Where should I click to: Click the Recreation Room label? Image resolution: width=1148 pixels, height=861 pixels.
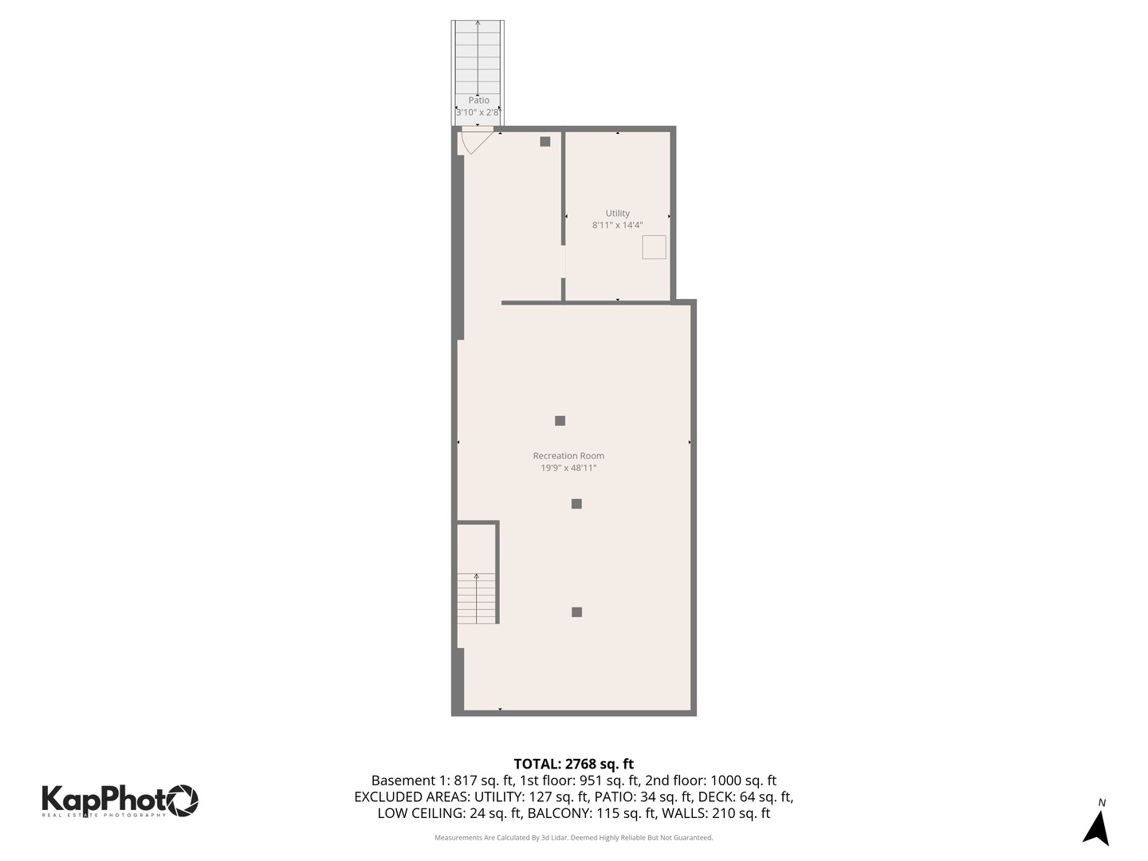(568, 456)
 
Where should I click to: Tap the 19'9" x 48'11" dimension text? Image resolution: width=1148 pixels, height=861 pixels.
(568, 468)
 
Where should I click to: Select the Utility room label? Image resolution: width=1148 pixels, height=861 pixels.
(617, 213)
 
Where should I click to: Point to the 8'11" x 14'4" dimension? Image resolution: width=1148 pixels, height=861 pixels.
(617, 226)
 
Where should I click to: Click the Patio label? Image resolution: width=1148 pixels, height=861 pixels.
(478, 100)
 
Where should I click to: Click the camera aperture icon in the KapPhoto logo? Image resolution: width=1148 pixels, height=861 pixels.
(182, 800)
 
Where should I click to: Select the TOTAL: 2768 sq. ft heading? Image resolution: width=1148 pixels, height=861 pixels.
(573, 764)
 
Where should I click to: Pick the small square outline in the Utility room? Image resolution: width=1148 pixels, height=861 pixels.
(654, 247)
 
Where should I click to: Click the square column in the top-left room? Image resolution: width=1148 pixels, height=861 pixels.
(545, 142)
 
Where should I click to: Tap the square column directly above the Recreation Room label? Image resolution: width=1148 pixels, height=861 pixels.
(560, 421)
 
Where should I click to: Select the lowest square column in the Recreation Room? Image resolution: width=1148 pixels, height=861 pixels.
(576, 612)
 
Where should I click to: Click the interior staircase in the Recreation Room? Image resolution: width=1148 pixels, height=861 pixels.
(477, 598)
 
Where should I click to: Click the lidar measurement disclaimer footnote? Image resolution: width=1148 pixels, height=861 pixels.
(573, 838)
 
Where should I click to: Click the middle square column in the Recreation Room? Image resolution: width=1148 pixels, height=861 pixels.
(576, 504)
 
